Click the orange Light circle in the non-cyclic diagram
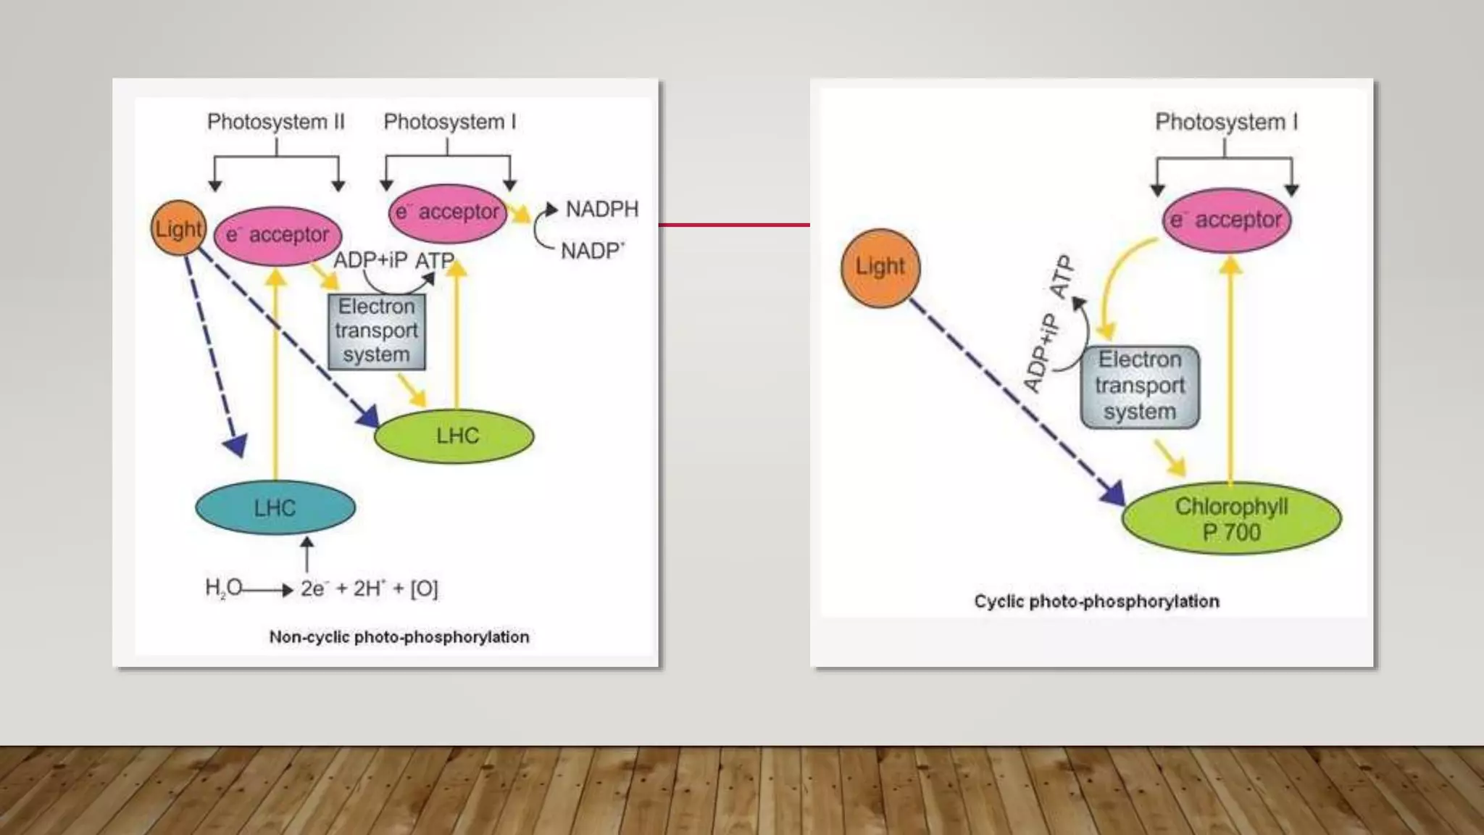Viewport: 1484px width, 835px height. [x=178, y=228]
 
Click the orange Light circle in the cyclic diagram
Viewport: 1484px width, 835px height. [x=880, y=267]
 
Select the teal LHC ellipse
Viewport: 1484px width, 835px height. [x=275, y=507]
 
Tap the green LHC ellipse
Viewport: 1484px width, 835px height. [x=454, y=436]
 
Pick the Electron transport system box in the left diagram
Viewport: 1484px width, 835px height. [x=376, y=331]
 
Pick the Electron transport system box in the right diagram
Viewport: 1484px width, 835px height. [x=1139, y=387]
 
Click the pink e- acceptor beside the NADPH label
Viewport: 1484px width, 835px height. [x=448, y=212]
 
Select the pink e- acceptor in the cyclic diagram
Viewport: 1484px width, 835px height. [x=1226, y=220]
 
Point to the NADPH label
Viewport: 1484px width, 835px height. [x=601, y=209]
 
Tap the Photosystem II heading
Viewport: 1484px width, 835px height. [x=275, y=122]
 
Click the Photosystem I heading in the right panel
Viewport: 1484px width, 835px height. [x=1226, y=122]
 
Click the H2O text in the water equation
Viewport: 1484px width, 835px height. [x=223, y=587]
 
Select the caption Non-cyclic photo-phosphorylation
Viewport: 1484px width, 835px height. [x=399, y=637]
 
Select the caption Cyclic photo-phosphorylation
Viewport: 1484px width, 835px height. [x=1096, y=601]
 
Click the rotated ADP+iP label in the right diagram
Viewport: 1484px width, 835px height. [x=1041, y=354]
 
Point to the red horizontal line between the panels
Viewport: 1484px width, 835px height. [x=733, y=225]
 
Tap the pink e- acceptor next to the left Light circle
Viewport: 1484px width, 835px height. [x=278, y=235]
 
